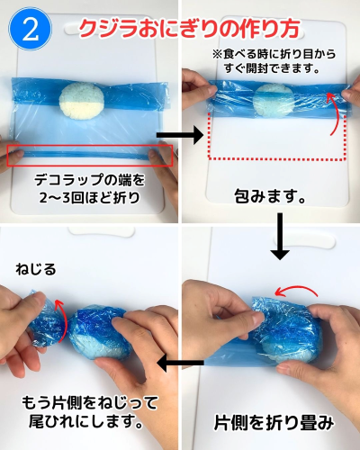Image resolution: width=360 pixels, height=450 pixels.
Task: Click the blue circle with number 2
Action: pyautogui.click(x=31, y=29)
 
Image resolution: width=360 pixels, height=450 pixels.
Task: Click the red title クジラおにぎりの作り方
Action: pyautogui.click(x=189, y=29)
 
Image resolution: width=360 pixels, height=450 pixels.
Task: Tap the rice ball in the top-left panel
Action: pyautogui.click(x=82, y=101)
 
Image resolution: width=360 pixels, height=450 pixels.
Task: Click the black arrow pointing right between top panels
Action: pyautogui.click(x=180, y=135)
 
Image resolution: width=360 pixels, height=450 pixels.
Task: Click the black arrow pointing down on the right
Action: pyautogui.click(x=280, y=237)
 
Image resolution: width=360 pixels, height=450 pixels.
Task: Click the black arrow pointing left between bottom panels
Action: pyautogui.click(x=180, y=363)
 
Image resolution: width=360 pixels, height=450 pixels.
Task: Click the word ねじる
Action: pyautogui.click(x=36, y=269)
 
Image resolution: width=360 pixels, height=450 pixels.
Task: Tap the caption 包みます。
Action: pyautogui.click(x=270, y=196)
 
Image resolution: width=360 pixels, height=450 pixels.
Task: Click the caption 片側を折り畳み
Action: pyautogui.click(x=274, y=423)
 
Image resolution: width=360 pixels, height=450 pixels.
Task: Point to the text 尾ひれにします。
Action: pyautogui.click(x=85, y=421)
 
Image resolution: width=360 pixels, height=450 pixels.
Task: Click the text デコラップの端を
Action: pyautogui.click(x=89, y=180)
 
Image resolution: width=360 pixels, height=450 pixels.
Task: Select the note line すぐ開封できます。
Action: pyautogui.click(x=273, y=68)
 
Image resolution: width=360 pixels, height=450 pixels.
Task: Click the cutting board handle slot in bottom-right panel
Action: pyautogui.click(x=304, y=241)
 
